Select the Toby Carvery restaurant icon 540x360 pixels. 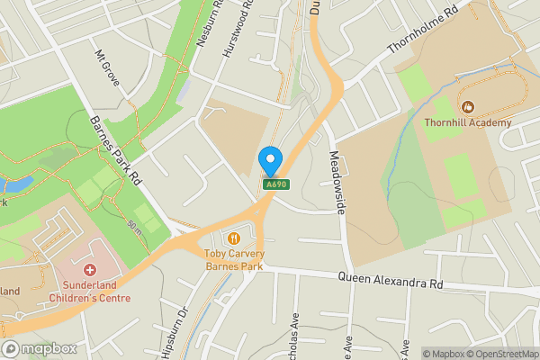point(234,238)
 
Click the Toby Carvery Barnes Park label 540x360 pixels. point(234,259)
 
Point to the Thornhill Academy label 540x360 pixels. point(468,122)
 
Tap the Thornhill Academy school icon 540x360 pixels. point(467,106)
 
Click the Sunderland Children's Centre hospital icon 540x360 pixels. point(89,270)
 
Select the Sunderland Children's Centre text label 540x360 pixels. point(91,292)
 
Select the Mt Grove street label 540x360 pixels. point(108,67)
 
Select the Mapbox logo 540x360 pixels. point(40,349)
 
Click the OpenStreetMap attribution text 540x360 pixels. point(499,354)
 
